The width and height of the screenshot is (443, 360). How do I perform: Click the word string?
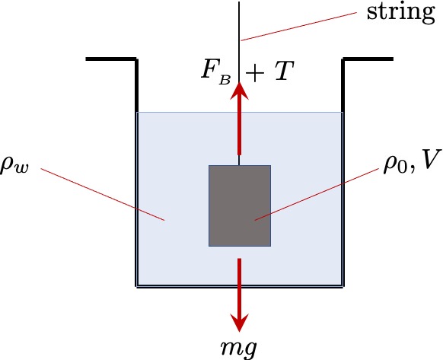coord(400,13)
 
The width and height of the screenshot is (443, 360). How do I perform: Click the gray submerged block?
coord(240,205)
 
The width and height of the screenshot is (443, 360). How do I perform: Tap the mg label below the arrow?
coord(239,348)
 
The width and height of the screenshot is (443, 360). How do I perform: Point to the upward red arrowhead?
coord(239,91)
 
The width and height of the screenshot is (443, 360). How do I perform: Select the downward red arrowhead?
coord(239,323)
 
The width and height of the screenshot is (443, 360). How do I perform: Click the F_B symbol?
coord(216,72)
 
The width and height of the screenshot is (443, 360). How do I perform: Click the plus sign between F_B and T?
coord(255,72)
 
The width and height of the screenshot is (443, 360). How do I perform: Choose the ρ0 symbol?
coord(395,165)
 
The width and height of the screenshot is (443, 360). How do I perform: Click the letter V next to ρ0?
coord(429,159)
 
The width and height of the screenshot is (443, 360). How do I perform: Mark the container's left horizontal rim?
coord(111,59)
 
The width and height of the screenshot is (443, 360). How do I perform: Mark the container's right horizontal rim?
coord(368,59)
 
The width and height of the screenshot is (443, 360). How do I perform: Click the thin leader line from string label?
coord(299,27)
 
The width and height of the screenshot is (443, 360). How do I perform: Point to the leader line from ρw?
coord(103,194)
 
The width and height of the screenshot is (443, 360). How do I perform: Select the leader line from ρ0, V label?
coord(317,194)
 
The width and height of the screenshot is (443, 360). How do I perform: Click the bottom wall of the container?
coord(240,286)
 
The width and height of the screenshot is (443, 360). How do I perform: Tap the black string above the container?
coord(239,41)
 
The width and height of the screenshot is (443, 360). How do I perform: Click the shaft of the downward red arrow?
coord(239,286)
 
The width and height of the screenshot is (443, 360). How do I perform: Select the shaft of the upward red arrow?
coord(239,126)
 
